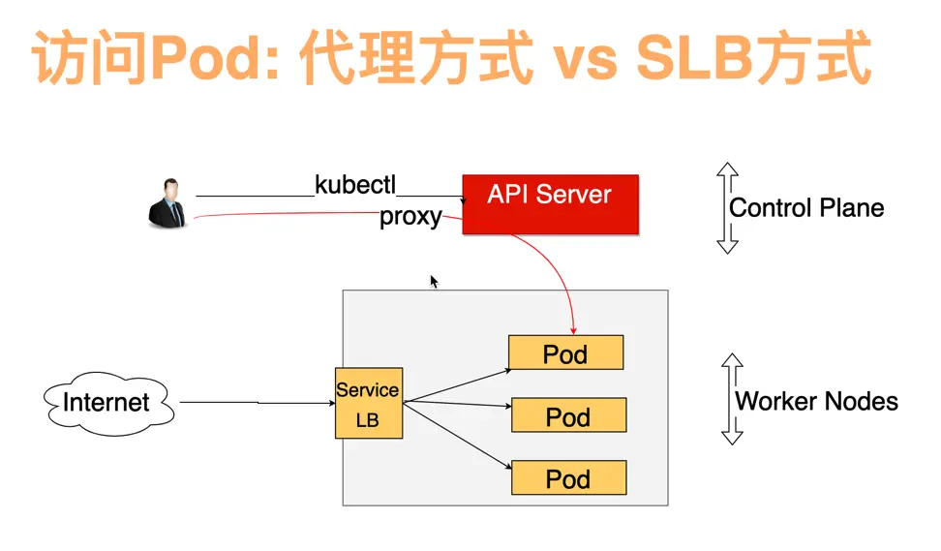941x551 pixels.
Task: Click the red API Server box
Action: pos(550,204)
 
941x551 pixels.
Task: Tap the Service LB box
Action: pos(369,403)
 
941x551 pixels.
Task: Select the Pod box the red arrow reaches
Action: pos(566,352)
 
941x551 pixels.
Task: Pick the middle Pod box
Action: pos(568,414)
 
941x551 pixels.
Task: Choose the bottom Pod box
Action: pos(568,477)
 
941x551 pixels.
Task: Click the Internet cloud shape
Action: pos(108,403)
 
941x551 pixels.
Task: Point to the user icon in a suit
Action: pos(167,203)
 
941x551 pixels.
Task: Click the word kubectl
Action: pos(355,185)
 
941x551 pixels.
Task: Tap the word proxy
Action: pos(410,217)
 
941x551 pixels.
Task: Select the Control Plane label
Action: pos(806,207)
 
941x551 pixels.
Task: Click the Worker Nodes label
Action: pos(816,401)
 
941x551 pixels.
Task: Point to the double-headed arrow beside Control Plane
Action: pos(727,207)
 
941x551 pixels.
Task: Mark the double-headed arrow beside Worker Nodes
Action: pos(732,399)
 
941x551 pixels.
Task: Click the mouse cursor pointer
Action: pos(434,282)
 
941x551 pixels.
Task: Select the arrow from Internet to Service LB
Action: pos(258,402)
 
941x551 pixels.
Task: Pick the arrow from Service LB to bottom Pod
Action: pos(457,435)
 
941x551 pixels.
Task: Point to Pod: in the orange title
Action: pos(215,58)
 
